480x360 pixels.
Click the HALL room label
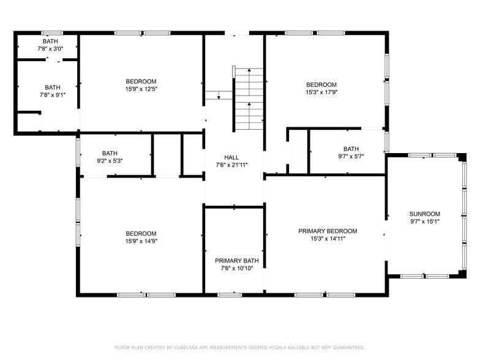point(231,157)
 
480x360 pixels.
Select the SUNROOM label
point(424,214)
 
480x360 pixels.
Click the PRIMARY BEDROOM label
point(328,231)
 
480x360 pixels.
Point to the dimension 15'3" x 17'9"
point(321,92)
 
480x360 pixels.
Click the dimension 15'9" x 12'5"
point(141,89)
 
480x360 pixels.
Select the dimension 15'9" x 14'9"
point(141,241)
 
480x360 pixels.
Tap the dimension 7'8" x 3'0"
point(50,48)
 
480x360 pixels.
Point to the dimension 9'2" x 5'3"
point(110,161)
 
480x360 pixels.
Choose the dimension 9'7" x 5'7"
point(351,157)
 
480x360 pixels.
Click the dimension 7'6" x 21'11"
point(231,165)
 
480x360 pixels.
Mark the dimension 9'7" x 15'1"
point(424,222)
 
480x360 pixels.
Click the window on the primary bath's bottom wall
point(230,295)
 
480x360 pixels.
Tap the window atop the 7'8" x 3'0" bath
point(52,32)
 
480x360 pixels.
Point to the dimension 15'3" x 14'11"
point(328,239)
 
